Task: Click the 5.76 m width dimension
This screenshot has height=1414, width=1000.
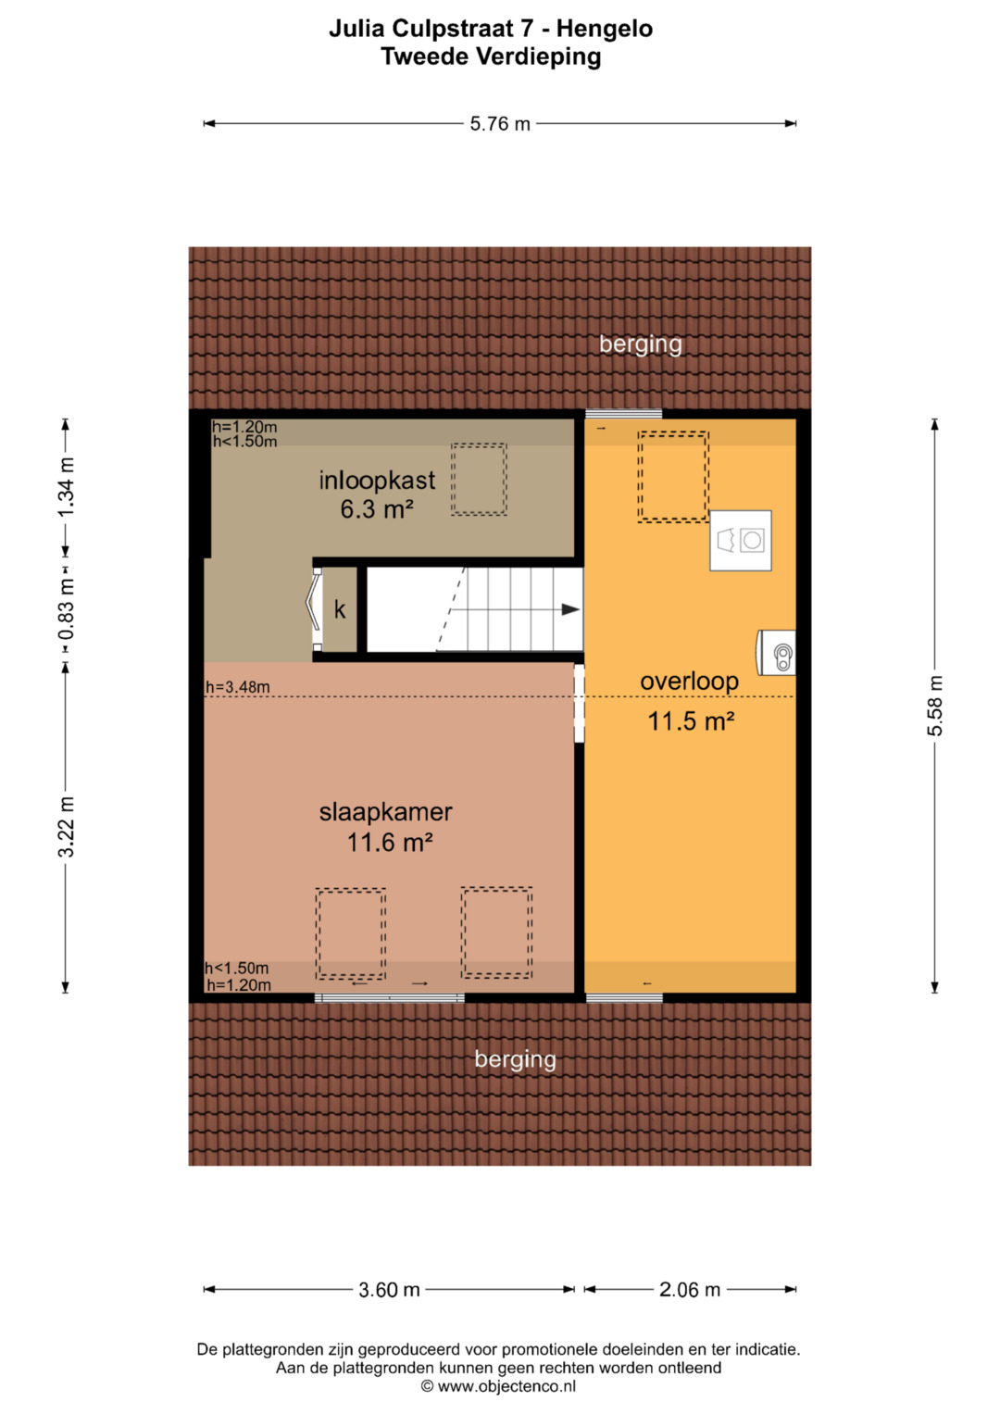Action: [x=499, y=124]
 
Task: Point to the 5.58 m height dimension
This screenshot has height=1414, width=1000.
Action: [x=935, y=706]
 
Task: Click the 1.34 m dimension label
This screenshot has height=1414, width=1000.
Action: [x=67, y=488]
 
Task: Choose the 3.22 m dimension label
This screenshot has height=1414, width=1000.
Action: [x=67, y=827]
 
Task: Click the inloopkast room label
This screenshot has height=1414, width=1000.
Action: [x=377, y=481]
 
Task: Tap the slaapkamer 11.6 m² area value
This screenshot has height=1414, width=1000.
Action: [x=390, y=842]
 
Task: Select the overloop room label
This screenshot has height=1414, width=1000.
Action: [x=690, y=682]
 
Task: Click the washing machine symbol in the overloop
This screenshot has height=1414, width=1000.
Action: [x=741, y=541]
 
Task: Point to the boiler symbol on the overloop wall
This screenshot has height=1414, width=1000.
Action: [x=776, y=653]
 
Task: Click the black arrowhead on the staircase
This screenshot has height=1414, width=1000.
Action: [x=570, y=610]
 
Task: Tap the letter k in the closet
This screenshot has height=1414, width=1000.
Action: [x=340, y=610]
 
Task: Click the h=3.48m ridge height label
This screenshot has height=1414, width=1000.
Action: [x=238, y=687]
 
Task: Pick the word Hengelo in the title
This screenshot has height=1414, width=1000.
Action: [x=604, y=29]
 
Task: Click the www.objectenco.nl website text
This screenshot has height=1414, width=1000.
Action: [x=506, y=1386]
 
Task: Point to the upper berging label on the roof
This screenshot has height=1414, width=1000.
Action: [x=640, y=344]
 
